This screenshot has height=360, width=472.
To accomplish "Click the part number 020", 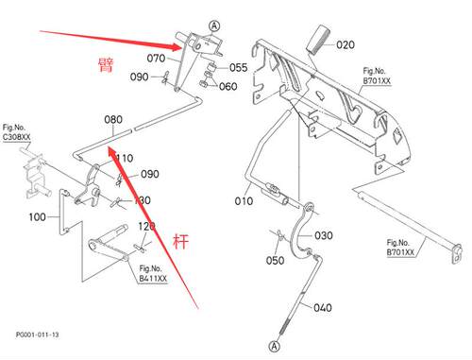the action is click(x=346, y=44).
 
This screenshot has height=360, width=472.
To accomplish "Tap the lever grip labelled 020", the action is click(x=318, y=40).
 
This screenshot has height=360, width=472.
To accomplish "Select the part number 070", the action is click(x=156, y=58).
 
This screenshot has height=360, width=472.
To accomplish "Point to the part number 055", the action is click(x=238, y=67).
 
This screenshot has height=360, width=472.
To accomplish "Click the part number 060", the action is click(x=228, y=86).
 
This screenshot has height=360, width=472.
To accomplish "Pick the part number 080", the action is click(x=113, y=119).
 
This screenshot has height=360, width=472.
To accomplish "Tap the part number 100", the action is click(x=37, y=216).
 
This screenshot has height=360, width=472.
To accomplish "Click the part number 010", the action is click(x=244, y=200).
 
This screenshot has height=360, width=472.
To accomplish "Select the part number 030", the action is click(x=324, y=235).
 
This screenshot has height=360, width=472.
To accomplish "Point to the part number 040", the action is click(x=323, y=307).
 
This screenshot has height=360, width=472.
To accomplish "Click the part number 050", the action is click(x=275, y=260).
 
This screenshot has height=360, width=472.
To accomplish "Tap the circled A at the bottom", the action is click(x=275, y=347).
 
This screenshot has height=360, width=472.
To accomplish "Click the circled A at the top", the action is click(x=214, y=26).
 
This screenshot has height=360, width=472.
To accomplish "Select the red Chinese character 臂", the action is click(x=106, y=65).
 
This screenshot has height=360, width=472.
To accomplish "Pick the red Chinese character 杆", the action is click(x=180, y=242).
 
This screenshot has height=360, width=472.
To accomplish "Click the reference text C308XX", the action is click(x=17, y=137).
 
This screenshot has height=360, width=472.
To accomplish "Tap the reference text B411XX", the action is click(x=153, y=279).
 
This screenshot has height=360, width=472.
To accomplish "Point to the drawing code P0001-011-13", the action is click(x=38, y=334).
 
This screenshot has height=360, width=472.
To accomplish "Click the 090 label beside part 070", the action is click(x=139, y=77).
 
